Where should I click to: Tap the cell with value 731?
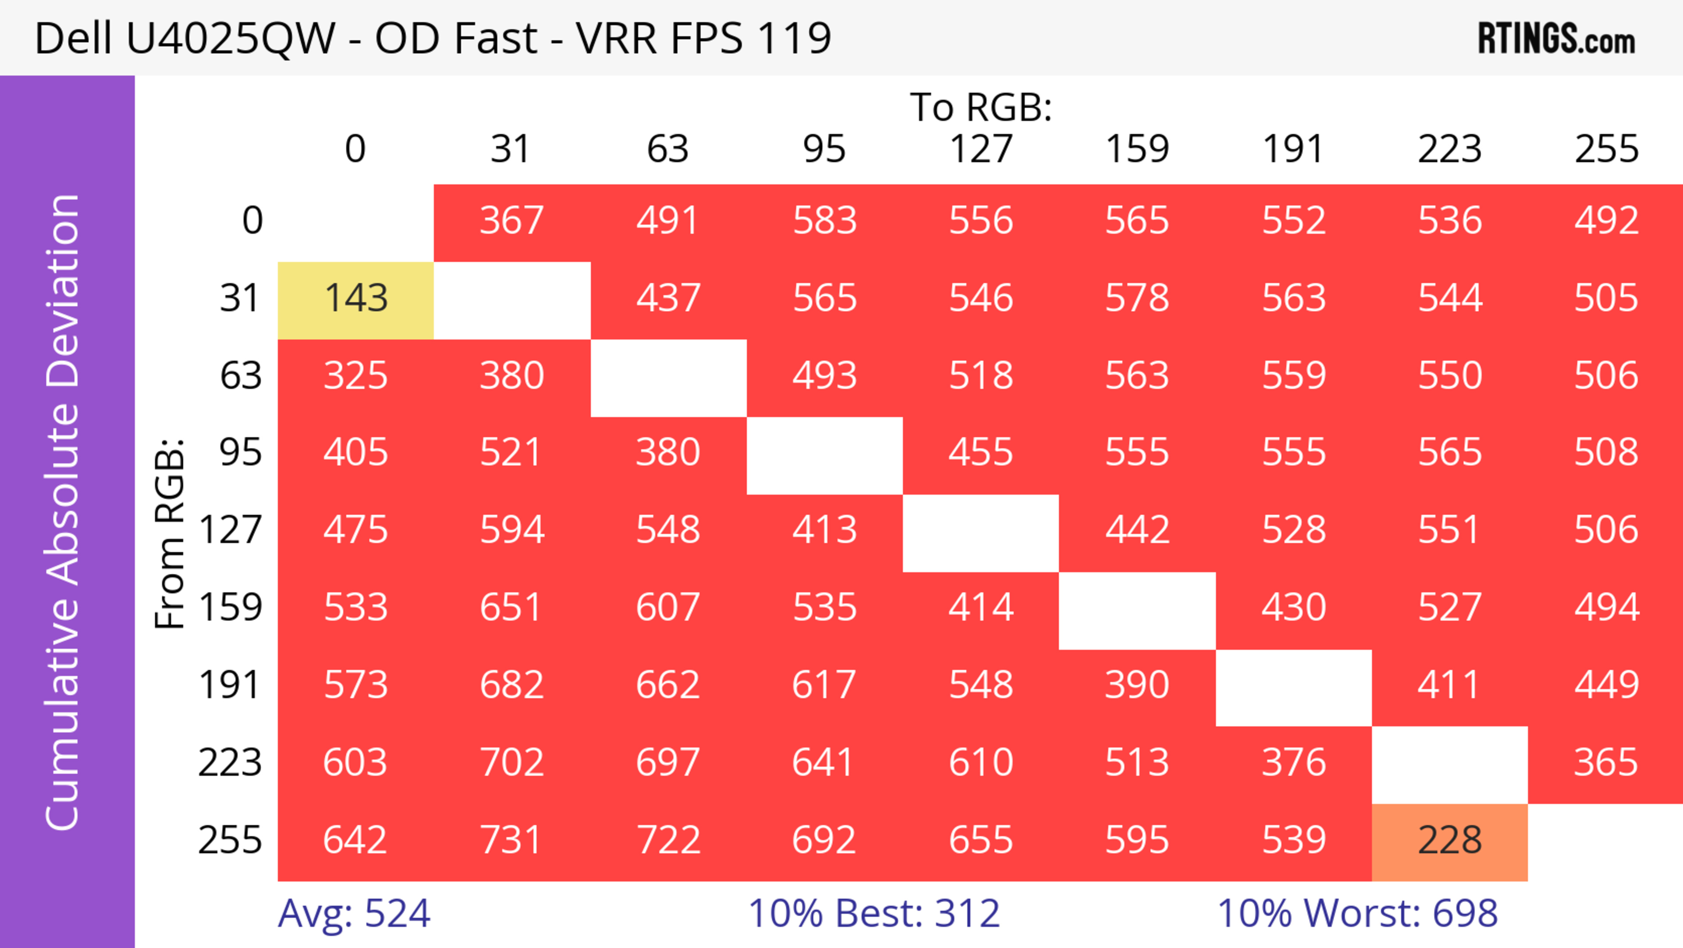pyautogui.click(x=511, y=841)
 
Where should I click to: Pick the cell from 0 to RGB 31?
pyautogui.click(x=511, y=222)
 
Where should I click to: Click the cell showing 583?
pyautogui.click(x=824, y=222)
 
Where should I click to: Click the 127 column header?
pyautogui.click(x=981, y=150)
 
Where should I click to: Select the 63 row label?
pyautogui.click(x=241, y=376)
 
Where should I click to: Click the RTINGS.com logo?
pyautogui.click(x=1556, y=39)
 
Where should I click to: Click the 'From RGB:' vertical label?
pyautogui.click(x=170, y=533)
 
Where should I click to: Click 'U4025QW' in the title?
pyautogui.click(x=231, y=39)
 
